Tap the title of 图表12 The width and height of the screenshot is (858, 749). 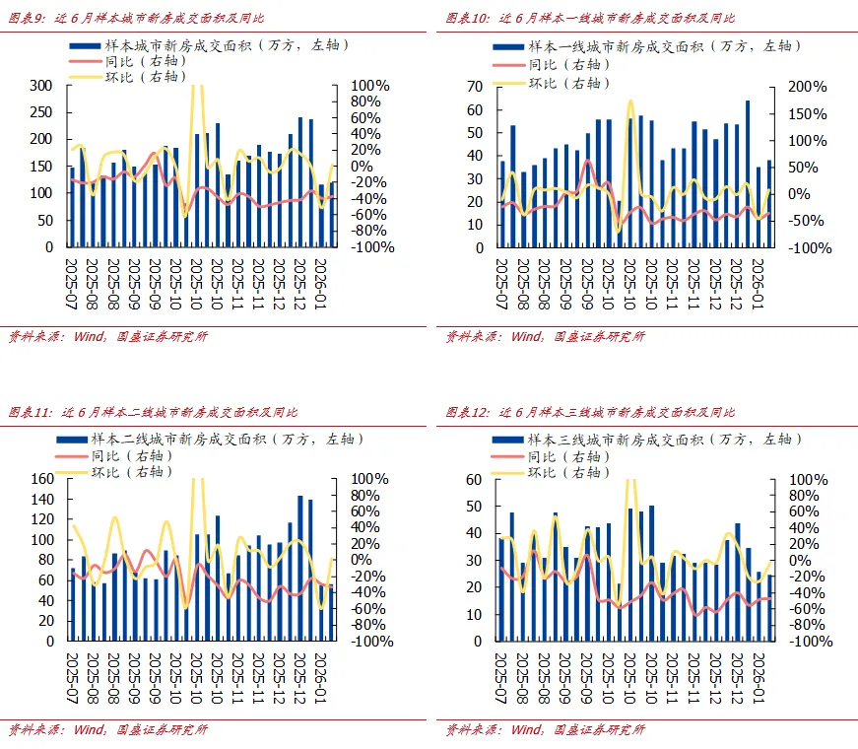click(x=590, y=412)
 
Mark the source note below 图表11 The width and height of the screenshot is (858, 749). click(x=108, y=730)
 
